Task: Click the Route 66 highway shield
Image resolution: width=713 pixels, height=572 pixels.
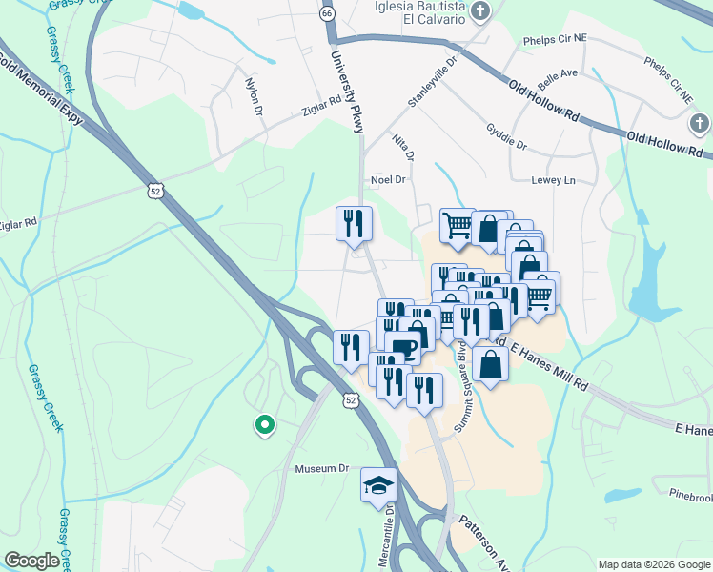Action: point(328,14)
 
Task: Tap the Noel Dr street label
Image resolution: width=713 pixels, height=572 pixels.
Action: point(389,179)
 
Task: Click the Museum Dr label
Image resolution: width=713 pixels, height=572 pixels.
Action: point(323,469)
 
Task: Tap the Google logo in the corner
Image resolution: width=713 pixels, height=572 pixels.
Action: point(31,560)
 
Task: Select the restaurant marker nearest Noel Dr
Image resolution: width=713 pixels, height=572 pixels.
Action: point(354,223)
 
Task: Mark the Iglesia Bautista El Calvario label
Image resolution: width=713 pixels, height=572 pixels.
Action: point(412,12)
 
